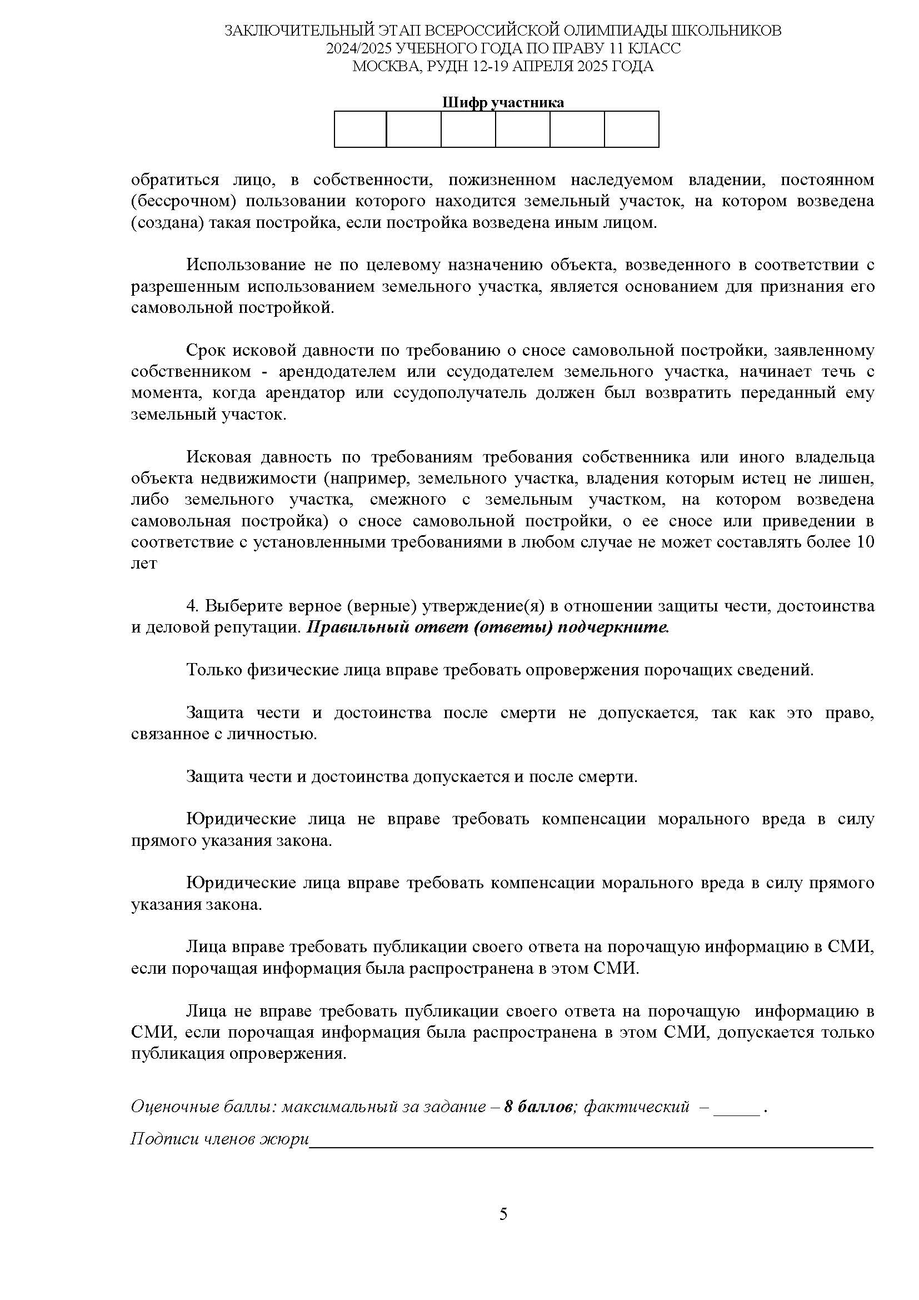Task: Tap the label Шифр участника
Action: point(502,102)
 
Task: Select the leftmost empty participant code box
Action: point(361,129)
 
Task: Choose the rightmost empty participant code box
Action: point(632,129)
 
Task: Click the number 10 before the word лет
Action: point(865,542)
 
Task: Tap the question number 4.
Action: point(192,606)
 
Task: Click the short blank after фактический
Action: point(737,1109)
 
